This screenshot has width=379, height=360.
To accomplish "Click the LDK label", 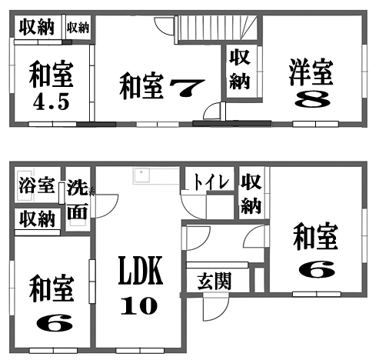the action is point(141,270).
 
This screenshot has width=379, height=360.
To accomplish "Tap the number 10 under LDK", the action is point(139,305).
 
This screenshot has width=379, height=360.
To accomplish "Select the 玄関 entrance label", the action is point(214,281).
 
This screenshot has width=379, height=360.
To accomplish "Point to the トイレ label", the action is point(211,182).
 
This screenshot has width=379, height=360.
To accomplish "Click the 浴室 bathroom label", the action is point(37,185).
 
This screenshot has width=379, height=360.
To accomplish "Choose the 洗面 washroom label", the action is point(78,199).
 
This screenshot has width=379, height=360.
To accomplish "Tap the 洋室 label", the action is point(311,72).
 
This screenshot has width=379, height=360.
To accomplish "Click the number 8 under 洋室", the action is point(312,99).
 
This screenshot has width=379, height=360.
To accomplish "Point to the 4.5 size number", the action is point(52,102).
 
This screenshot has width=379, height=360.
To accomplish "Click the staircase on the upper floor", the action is point(218,28).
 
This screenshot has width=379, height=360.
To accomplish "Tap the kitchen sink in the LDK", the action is point(141,175).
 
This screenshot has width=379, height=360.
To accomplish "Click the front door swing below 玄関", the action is point(215,308).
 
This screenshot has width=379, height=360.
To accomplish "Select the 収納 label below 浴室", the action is point(38,219).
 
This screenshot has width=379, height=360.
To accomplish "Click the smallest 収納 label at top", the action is point(78,28).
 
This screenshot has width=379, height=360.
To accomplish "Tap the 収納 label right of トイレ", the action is point(251,194).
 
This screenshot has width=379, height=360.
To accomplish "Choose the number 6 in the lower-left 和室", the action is point(55,324).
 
